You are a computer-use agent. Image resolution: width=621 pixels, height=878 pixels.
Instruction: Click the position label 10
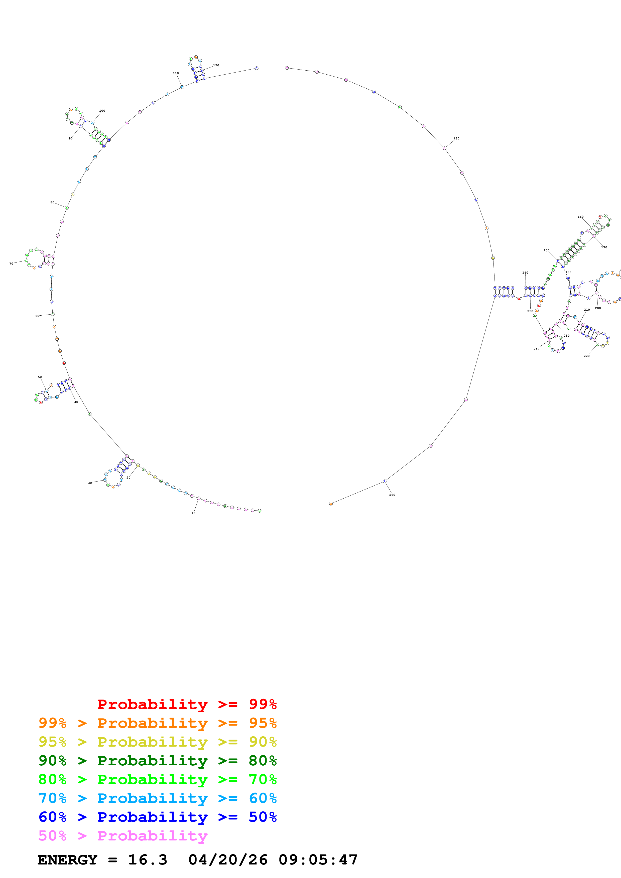(193, 513)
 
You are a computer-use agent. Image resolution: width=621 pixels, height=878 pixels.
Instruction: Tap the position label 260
(392, 495)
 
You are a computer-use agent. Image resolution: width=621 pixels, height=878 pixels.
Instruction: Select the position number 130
(456, 138)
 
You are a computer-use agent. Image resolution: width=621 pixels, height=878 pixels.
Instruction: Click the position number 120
(216, 65)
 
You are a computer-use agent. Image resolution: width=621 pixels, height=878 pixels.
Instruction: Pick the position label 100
(102, 111)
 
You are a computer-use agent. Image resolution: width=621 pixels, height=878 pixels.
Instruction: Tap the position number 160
(580, 217)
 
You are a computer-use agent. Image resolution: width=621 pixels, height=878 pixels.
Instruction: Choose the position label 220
(587, 356)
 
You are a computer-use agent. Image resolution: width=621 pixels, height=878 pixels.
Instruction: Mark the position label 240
(536, 349)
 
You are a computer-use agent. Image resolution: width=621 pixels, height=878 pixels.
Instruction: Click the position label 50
(40, 377)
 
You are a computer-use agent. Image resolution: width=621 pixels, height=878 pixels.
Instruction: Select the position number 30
(90, 483)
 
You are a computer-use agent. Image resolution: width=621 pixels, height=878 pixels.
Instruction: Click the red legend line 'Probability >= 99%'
(187, 704)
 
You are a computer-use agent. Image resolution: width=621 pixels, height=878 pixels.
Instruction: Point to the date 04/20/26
(228, 860)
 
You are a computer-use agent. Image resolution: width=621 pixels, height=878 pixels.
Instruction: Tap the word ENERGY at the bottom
(67, 860)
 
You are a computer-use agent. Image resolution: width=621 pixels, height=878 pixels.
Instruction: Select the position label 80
(52, 202)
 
